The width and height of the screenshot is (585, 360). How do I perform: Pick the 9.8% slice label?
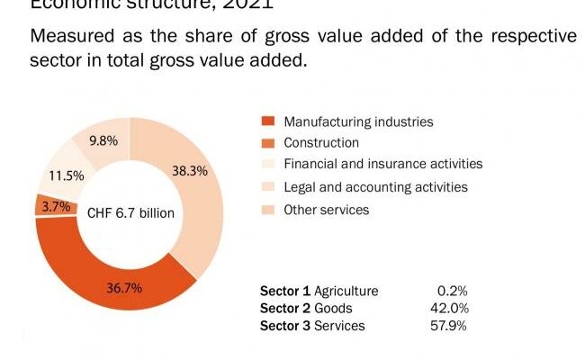pyautogui.click(x=104, y=140)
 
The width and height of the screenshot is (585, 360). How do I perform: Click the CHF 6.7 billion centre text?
pyautogui.click(x=130, y=213)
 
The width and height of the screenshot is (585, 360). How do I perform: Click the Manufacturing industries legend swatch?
pyautogui.click(x=266, y=121)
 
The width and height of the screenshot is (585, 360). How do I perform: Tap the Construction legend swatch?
pyautogui.click(x=266, y=143)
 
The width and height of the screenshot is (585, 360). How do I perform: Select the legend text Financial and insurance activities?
pyautogui.click(x=383, y=164)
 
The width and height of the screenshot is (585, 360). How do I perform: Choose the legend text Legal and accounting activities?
pyautogui.click(x=375, y=187)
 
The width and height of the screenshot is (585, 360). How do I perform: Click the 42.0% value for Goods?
pyautogui.click(x=447, y=308)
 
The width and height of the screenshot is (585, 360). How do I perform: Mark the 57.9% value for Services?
pyautogui.click(x=447, y=325)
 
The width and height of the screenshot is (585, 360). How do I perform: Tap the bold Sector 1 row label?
pyautogui.click(x=285, y=291)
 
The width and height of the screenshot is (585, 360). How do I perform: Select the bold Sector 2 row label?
pyautogui.click(x=285, y=308)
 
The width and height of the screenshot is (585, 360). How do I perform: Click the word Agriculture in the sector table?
pyautogui.click(x=346, y=291)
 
